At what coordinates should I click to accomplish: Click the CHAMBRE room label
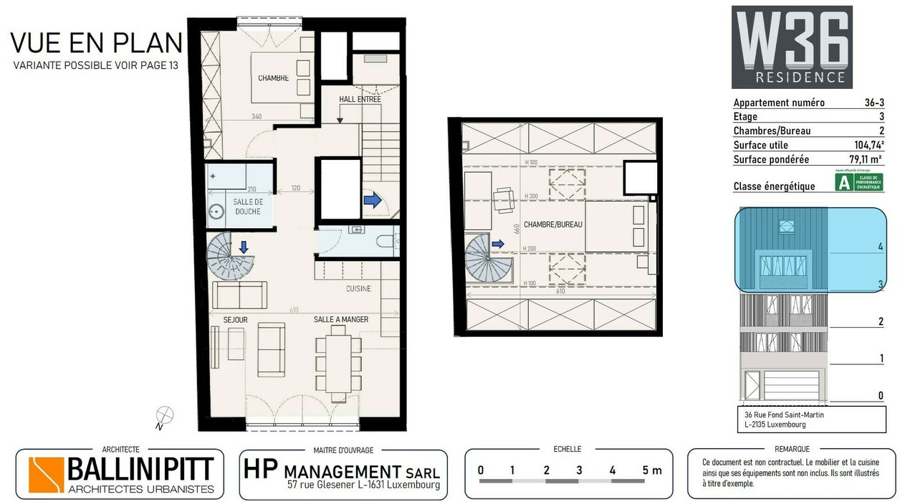[x=274, y=78]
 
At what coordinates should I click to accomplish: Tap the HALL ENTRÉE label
[x=359, y=100]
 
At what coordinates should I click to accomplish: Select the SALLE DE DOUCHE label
[x=248, y=207]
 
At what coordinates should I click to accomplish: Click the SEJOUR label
[x=235, y=319]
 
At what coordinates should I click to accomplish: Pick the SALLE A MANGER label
[x=341, y=319]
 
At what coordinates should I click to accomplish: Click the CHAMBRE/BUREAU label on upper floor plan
[x=552, y=224]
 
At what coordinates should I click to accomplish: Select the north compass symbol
[x=165, y=416]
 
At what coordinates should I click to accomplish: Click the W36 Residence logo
[x=792, y=47]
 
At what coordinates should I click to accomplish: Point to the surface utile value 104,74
[x=868, y=145]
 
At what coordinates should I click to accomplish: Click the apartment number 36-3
[x=873, y=103]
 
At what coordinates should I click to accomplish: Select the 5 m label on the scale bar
[x=651, y=470]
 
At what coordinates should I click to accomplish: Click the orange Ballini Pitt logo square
[x=46, y=475]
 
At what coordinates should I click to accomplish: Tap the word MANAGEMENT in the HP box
[x=343, y=472]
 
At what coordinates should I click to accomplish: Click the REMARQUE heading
[x=792, y=449]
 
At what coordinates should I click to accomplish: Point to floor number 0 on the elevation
[x=881, y=395]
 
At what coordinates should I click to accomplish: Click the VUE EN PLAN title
[x=96, y=43]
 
